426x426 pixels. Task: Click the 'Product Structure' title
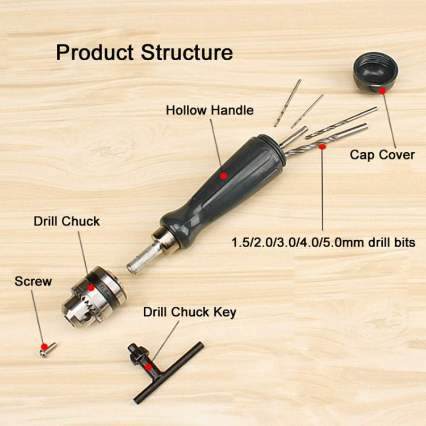144,52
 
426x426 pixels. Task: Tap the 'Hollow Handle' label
210,110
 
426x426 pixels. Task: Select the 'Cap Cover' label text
382,154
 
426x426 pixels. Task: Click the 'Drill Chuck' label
66,222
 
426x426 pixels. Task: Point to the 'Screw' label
33,281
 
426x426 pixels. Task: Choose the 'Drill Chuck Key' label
189,312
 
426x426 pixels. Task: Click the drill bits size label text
323,243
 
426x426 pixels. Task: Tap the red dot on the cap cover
382,90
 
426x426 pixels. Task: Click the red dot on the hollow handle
223,176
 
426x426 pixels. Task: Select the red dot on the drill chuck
91,288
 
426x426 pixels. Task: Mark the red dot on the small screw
44,346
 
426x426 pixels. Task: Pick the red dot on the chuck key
149,367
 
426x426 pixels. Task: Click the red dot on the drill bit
322,147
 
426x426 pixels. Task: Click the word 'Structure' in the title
187,52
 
